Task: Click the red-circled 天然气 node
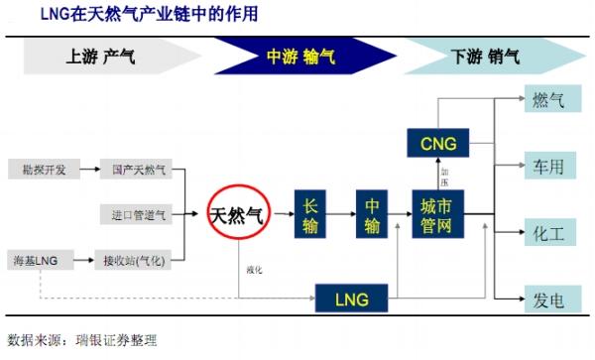[238, 213]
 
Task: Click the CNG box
[437, 145]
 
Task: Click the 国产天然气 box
[138, 170]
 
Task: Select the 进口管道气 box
[138, 214]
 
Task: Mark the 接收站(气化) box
[138, 261]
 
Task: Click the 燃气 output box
[547, 101]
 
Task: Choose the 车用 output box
[547, 167]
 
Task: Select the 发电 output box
[547, 297]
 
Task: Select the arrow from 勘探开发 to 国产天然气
[88, 170]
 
